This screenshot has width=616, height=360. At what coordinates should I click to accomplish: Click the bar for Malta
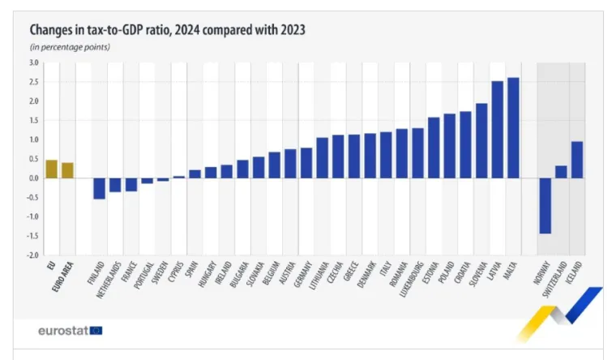(513, 128)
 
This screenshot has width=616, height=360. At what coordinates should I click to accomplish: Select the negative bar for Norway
(545, 206)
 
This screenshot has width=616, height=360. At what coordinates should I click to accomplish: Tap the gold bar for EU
(51, 169)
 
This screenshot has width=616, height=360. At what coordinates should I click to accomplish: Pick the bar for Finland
(99, 188)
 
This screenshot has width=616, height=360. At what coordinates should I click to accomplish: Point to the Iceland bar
(576, 160)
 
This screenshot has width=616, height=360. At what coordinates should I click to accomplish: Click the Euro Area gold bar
(67, 170)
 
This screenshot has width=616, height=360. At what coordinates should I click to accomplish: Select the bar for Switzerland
(561, 172)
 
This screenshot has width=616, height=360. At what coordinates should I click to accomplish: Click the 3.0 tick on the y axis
(33, 62)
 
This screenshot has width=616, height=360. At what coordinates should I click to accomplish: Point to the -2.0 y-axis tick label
(32, 255)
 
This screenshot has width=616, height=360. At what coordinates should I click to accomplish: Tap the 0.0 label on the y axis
(33, 178)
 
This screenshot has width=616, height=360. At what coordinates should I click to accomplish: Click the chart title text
(167, 30)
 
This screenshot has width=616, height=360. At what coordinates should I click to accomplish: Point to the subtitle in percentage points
(70, 46)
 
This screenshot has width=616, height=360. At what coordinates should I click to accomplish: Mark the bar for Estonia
(434, 148)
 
